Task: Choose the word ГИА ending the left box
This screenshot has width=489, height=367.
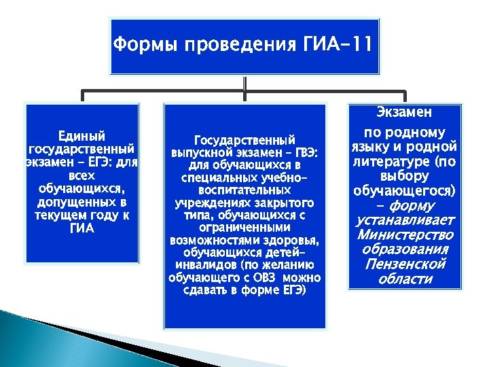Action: (x=81, y=229)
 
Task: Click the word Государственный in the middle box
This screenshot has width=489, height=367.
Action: (x=244, y=138)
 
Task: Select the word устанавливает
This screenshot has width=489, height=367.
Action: (x=405, y=220)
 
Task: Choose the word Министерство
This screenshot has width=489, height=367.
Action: (x=405, y=234)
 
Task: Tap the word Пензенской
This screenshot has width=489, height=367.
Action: (x=405, y=264)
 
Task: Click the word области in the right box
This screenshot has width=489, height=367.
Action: (x=405, y=279)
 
